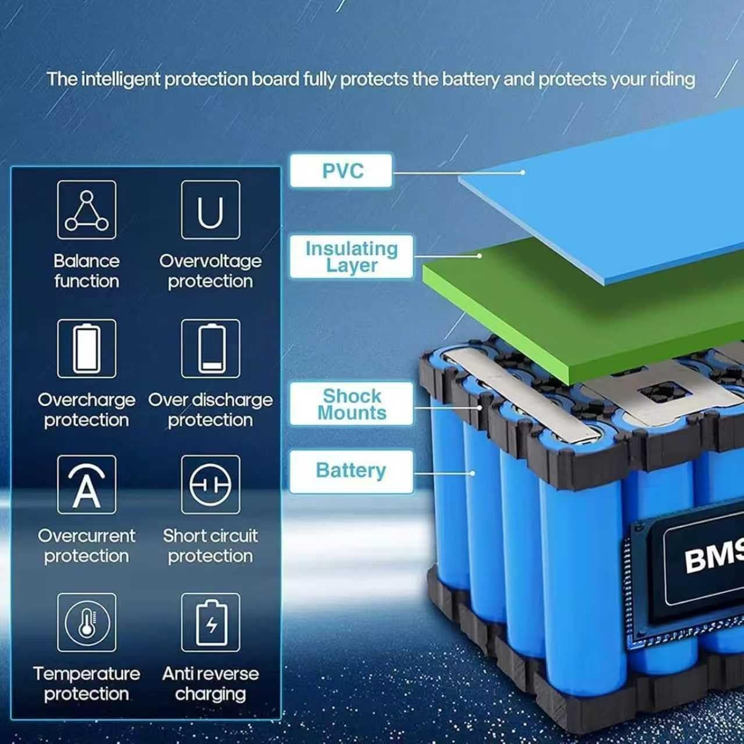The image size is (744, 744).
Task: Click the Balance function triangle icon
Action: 87,210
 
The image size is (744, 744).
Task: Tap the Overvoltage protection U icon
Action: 210,210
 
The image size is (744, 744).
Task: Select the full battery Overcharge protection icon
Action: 87,349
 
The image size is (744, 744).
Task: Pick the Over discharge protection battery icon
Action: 210,349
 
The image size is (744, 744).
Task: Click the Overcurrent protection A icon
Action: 87,485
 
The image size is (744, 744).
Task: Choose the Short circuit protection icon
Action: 210,485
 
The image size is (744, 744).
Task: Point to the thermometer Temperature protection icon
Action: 87,623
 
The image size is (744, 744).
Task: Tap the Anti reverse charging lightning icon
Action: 210,623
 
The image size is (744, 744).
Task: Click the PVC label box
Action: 341,171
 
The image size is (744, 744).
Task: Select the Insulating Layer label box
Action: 351,256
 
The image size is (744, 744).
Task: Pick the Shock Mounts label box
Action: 351,404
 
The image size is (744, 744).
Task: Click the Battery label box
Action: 351,471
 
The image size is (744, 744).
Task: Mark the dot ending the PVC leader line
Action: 523,173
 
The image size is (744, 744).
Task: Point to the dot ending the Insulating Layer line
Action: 480,256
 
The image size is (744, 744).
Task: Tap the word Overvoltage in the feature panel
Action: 210,262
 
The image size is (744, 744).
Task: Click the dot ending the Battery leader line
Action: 473,473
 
